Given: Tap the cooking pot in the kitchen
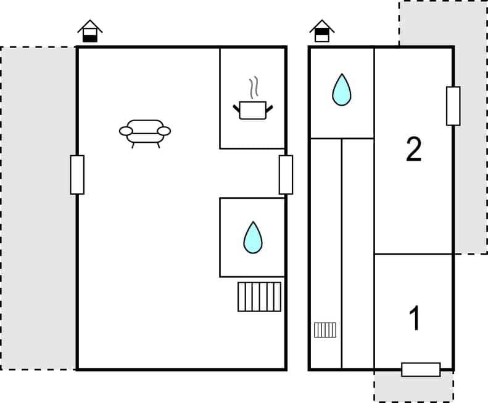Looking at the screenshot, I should tap(252, 110).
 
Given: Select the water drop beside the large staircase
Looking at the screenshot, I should tap(252, 237).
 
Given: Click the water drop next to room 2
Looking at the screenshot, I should tap(341, 90).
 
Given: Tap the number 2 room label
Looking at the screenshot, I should tap(413, 150).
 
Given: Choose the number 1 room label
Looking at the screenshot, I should tap(415, 318).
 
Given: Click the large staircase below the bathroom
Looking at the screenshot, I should tap(259, 297).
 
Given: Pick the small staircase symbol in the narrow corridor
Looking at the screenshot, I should tap(325, 330).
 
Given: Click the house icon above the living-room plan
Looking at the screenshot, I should tap(90, 32).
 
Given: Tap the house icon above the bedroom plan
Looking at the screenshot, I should tap(322, 31).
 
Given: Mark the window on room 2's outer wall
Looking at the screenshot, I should tap(453, 106).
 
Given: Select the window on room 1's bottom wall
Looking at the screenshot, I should tap(421, 370).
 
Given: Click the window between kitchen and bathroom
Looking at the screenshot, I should tap(286, 175).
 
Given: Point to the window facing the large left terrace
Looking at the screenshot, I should tap(77, 175).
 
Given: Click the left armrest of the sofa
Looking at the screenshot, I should tap(126, 131).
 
